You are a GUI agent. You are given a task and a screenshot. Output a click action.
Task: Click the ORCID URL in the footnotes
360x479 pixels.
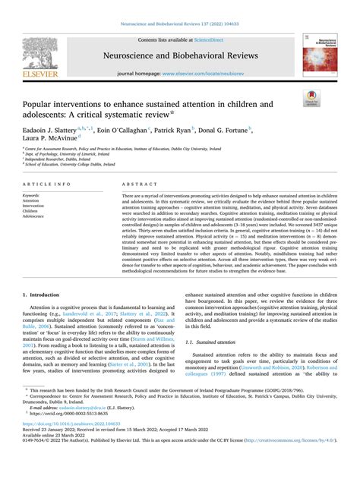[x=73, y=435]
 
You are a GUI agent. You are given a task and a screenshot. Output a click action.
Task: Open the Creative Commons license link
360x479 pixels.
[x=304, y=460]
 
